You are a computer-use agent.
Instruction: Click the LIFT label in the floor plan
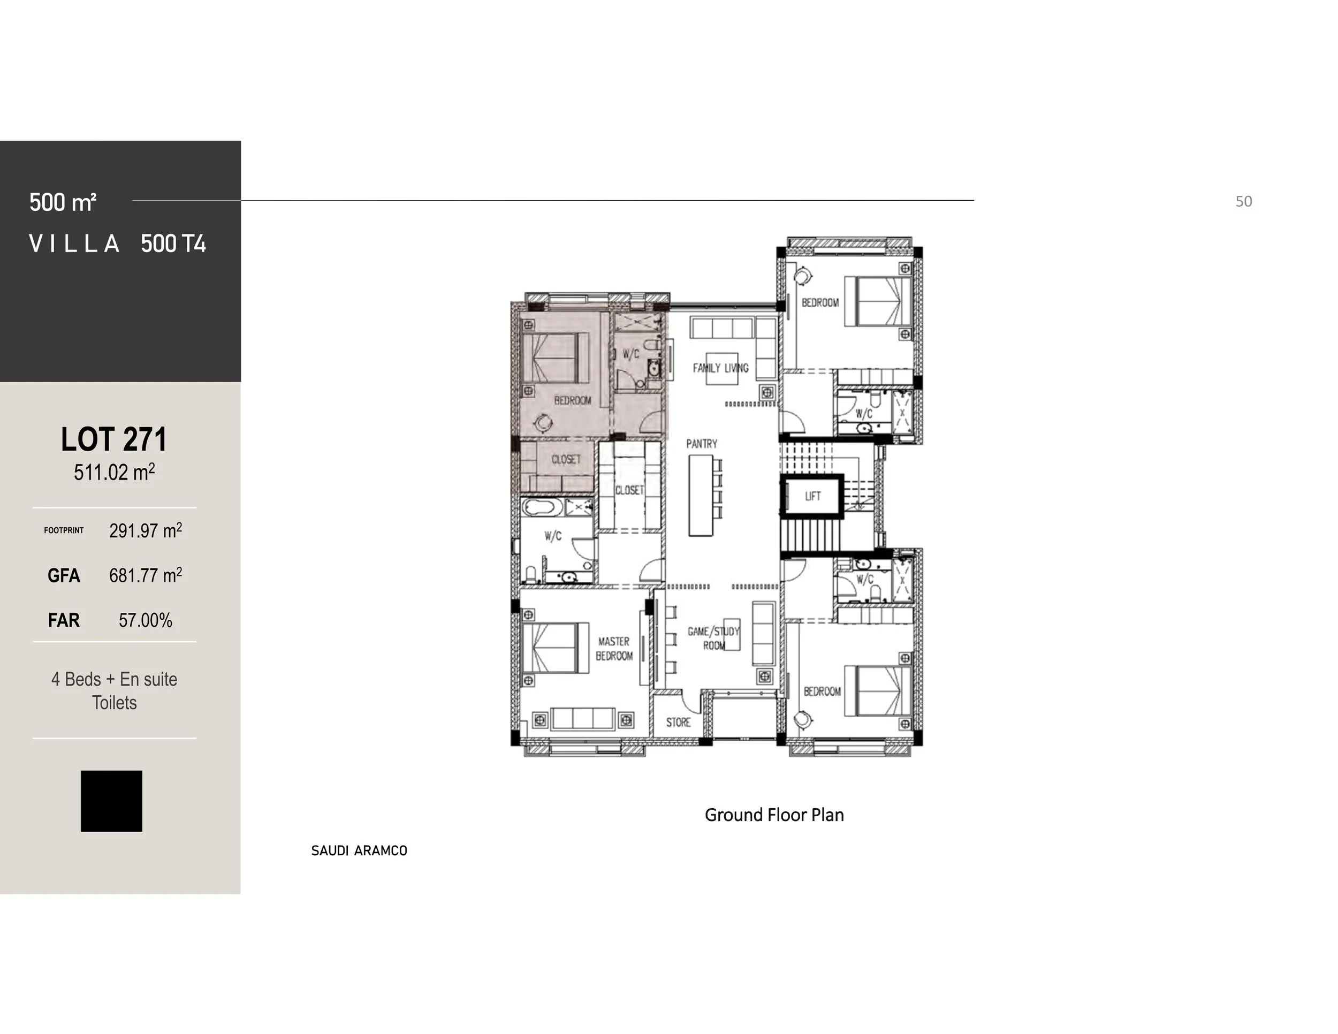pyautogui.click(x=812, y=496)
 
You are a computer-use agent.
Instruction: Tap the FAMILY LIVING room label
pyautogui.click(x=720, y=368)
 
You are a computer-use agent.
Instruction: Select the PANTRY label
pyautogui.click(x=702, y=444)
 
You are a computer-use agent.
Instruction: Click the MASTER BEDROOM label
pyautogui.click(x=614, y=649)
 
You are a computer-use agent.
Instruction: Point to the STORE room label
pyautogui.click(x=678, y=722)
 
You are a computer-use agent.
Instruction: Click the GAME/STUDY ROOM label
pyautogui.click(x=714, y=637)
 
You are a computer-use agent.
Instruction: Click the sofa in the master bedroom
pyautogui.click(x=583, y=719)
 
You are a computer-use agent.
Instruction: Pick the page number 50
pyautogui.click(x=1243, y=202)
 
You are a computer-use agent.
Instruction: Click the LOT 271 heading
pyautogui.click(x=114, y=439)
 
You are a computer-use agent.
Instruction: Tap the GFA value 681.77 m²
pyautogui.click(x=145, y=575)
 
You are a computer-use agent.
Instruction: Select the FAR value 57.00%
pyautogui.click(x=145, y=620)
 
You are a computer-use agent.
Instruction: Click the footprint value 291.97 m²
pyautogui.click(x=145, y=530)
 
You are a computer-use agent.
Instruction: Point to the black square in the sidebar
pyautogui.click(x=111, y=801)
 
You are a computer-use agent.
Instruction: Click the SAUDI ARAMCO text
pyautogui.click(x=359, y=850)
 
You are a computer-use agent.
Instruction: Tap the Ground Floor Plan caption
pyautogui.click(x=774, y=815)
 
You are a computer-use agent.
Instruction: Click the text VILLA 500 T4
pyautogui.click(x=118, y=244)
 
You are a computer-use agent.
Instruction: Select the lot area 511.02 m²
pyautogui.click(x=114, y=472)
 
